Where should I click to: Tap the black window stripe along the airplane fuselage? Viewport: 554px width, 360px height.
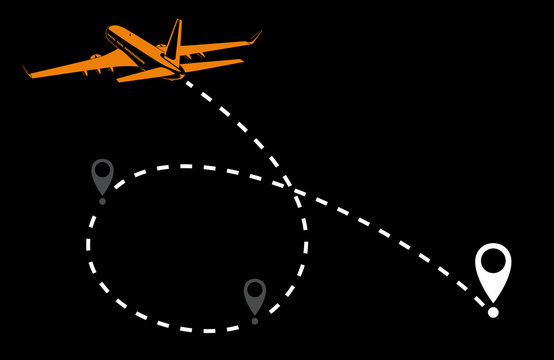135,49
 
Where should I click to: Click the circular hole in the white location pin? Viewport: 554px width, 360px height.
492,263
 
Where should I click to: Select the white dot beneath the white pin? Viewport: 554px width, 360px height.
492,313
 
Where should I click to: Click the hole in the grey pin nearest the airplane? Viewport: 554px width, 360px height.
102,171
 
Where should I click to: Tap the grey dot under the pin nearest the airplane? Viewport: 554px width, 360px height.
102,201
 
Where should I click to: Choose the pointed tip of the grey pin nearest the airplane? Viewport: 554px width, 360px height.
102,194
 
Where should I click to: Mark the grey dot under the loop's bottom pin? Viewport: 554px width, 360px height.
255,321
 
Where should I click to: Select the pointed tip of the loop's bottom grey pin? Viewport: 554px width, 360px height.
255,314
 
